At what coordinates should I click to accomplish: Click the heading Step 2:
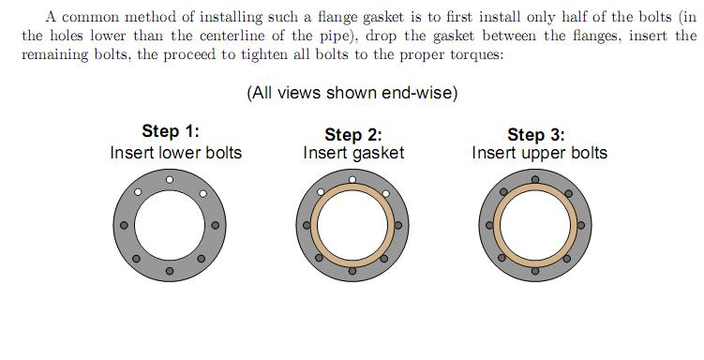[x=353, y=134]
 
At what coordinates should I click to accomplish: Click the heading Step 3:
[x=536, y=134]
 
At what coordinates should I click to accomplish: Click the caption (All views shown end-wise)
[x=352, y=93]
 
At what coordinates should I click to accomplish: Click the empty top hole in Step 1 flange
[x=170, y=179]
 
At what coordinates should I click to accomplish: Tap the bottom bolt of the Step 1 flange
[x=170, y=271]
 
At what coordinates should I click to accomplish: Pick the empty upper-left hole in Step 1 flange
[x=137, y=193]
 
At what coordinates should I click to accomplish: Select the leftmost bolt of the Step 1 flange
[x=124, y=225]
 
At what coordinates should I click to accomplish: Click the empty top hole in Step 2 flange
[x=352, y=179]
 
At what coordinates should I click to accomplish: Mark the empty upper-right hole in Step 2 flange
[x=384, y=193]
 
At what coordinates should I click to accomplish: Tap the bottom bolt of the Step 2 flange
[x=352, y=271]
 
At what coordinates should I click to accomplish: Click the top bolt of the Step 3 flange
[x=535, y=179]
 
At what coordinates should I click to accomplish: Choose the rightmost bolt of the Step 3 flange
[x=581, y=225]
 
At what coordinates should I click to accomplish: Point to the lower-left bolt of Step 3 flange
[x=503, y=258]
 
